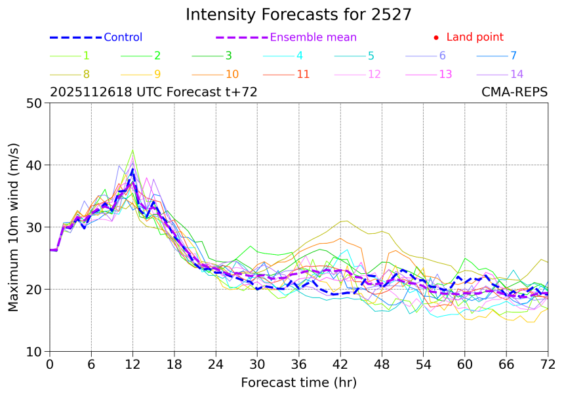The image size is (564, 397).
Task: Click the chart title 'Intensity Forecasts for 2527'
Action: pos(298,14)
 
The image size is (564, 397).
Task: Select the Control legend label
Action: pos(123,37)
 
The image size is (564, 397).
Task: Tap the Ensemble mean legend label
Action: pos(313,37)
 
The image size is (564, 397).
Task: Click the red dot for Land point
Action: pos(436,38)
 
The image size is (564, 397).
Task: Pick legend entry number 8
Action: pos(86,74)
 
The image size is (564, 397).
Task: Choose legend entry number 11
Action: pos(303,74)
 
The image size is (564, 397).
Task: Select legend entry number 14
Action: pos(517,74)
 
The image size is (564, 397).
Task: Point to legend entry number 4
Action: pos(299,56)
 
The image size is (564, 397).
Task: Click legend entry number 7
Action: pos(513,56)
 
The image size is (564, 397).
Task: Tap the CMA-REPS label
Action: pos(514,92)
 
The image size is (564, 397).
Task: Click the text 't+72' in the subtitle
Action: pos(239,92)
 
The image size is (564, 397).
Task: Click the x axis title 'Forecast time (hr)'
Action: pos(298,382)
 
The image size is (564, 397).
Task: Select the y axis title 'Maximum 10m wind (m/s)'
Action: pos(13,227)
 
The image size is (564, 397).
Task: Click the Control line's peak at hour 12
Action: pos(132,170)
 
